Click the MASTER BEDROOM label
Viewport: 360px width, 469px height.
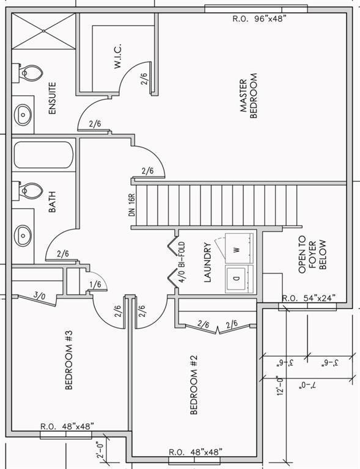249,96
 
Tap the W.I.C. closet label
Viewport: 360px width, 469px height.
117,56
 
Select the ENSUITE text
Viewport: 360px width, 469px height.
53,98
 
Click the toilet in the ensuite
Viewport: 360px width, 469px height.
28,73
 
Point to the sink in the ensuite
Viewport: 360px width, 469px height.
23,115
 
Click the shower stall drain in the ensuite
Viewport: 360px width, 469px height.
43,31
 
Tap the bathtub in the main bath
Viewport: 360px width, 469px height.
43,155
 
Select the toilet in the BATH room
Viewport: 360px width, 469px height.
28,191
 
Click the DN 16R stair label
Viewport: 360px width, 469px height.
133,205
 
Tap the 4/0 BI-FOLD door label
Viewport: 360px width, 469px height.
182,263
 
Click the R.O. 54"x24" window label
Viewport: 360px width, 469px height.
309,298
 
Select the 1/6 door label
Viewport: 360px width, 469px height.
95,285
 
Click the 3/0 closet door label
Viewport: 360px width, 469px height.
40,296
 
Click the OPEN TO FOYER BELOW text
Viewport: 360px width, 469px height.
312,255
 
